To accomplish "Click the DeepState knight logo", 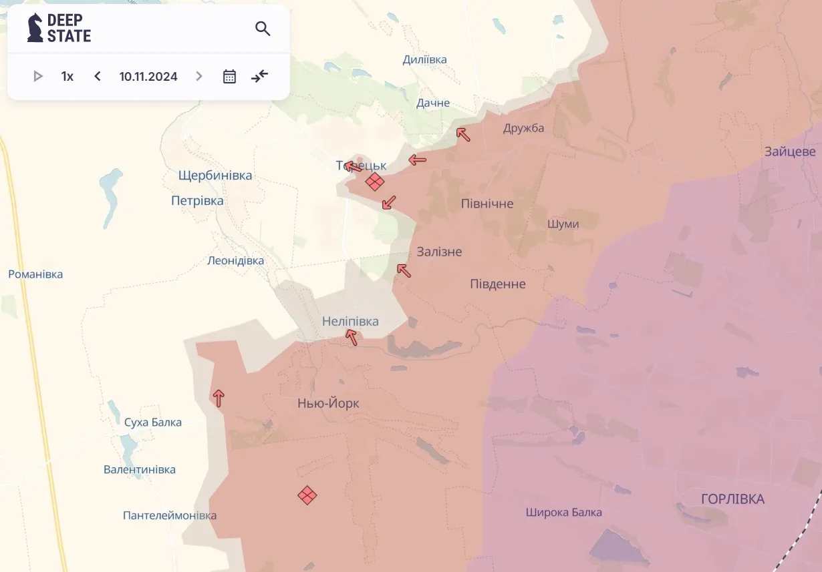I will coord(35,28).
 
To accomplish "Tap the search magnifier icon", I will coord(263,29).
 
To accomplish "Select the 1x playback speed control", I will coord(67,76).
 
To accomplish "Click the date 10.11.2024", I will coord(148,76).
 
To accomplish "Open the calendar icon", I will coord(229,76).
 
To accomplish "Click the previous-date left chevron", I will coord(98,76).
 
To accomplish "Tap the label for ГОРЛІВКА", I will coord(732,499).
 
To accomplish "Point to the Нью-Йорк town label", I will coord(328,404).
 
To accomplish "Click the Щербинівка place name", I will coord(215,176).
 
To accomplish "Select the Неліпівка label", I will coord(350,322).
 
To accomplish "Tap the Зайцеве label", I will coord(790,152).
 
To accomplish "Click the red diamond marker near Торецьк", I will coord(375,182).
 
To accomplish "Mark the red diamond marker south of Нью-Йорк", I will coord(307,495).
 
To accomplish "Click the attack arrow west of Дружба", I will coord(463,134).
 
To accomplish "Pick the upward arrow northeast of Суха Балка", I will coord(219,398).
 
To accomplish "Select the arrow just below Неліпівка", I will coord(352,337).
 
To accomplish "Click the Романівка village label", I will coord(35,274).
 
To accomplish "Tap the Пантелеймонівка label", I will coord(170,515).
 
